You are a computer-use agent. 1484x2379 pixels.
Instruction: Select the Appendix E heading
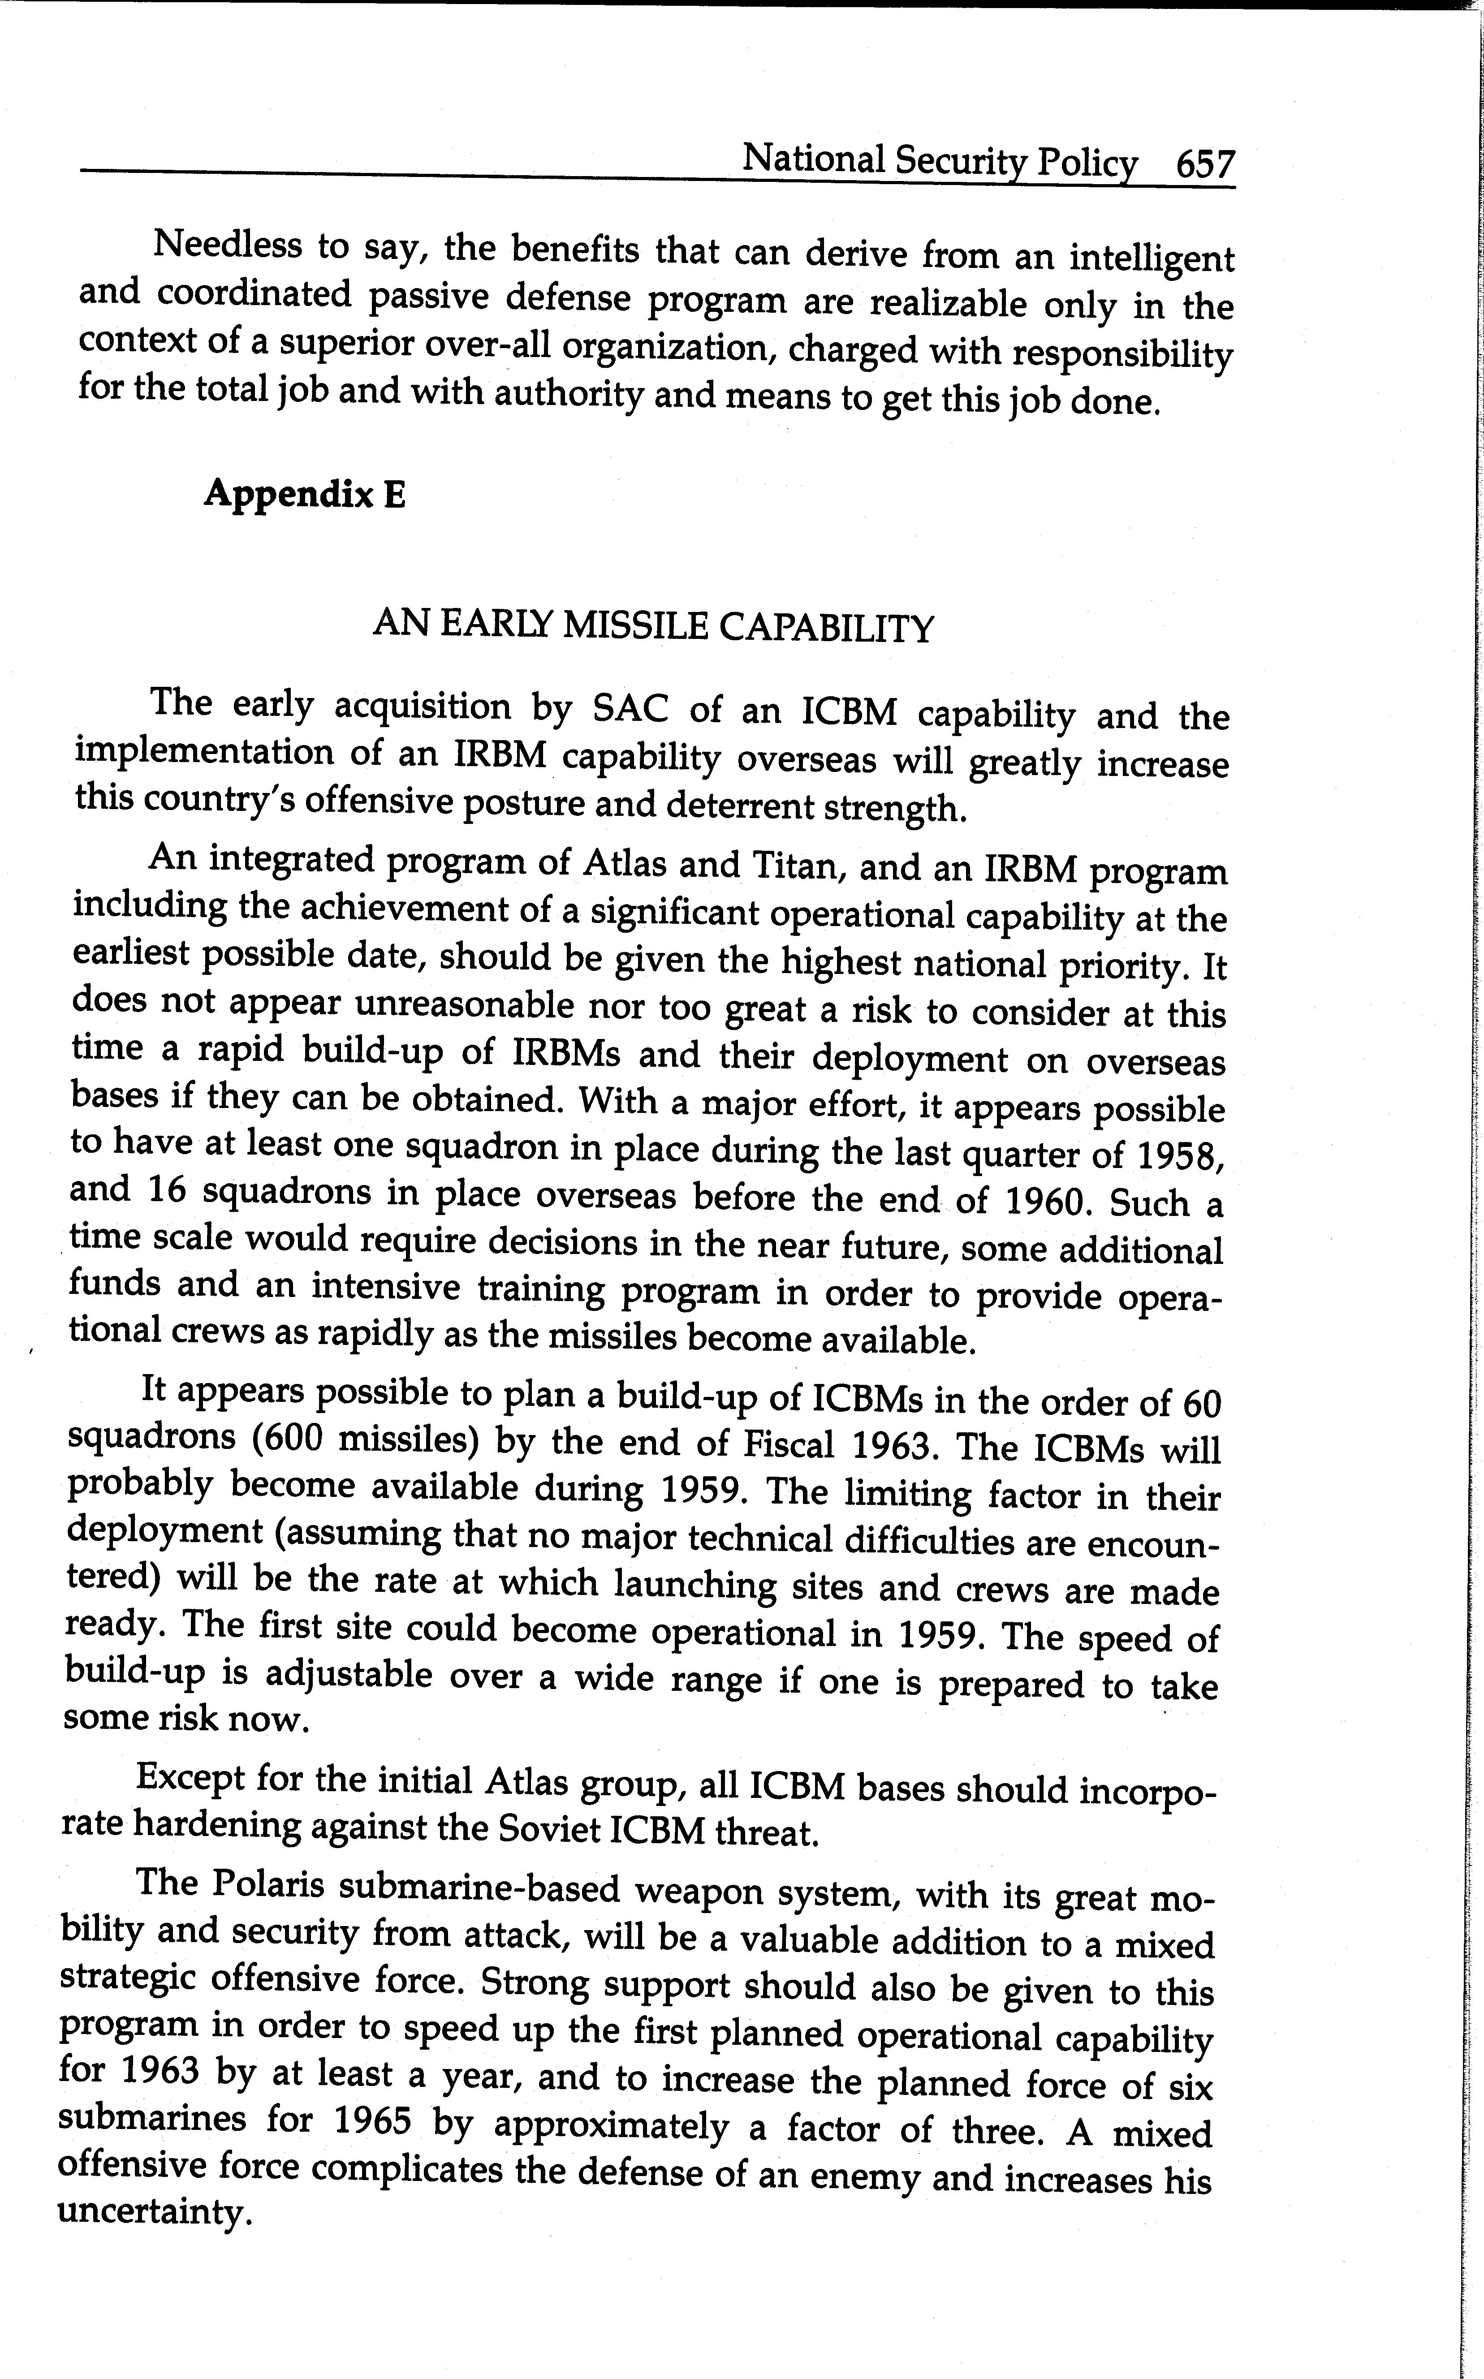(x=304, y=494)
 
